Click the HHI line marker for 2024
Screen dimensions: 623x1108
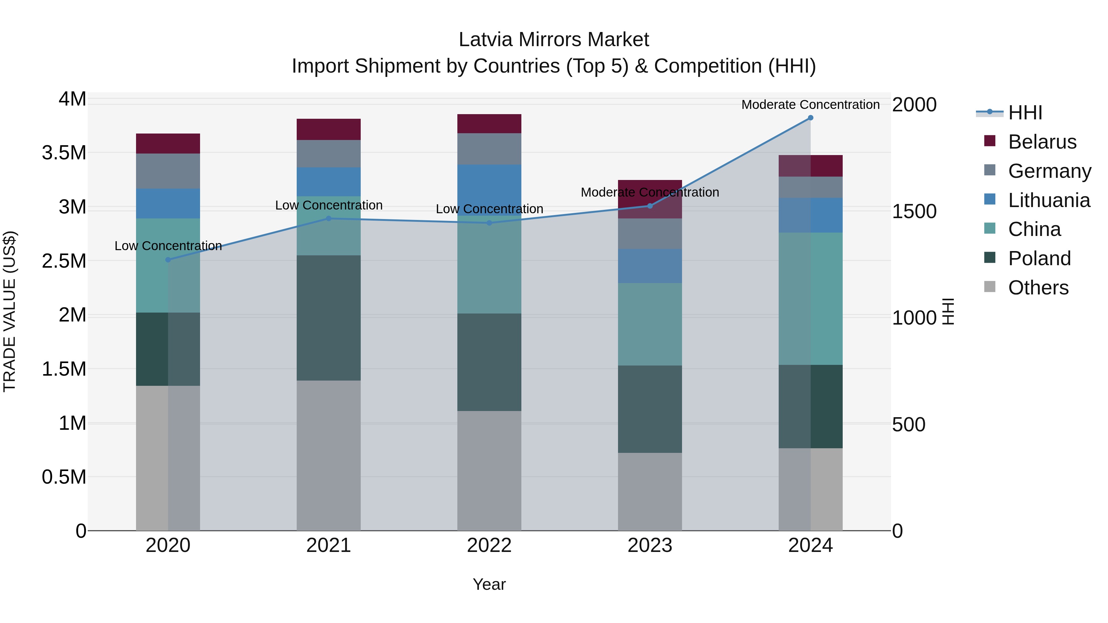coord(810,118)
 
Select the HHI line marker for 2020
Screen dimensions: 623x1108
coord(168,260)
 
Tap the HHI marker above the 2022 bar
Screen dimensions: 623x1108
coord(489,223)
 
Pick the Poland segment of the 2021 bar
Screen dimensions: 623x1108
coord(329,318)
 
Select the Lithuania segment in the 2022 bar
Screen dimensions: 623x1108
coord(489,189)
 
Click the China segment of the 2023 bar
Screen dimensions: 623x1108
coord(649,324)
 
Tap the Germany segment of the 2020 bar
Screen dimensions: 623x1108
coord(168,171)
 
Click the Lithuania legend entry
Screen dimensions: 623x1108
coord(1048,200)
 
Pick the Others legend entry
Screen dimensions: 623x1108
coord(1038,288)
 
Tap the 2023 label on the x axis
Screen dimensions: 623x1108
coord(649,545)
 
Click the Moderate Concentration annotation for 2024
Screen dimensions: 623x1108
coord(810,105)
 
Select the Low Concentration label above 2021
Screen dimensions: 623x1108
coord(329,205)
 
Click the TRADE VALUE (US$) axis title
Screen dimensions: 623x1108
coord(10,311)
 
